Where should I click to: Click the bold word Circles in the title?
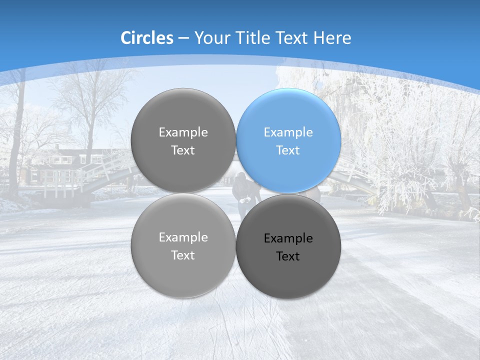(x=146, y=38)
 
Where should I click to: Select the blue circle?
(x=288, y=140)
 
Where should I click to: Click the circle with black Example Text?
(x=288, y=246)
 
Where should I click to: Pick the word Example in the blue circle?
(x=288, y=132)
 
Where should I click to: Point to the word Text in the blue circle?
(x=288, y=150)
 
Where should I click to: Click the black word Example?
(x=288, y=238)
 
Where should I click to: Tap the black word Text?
(x=288, y=256)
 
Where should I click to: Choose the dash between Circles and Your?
(x=183, y=38)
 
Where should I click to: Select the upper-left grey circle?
(x=183, y=140)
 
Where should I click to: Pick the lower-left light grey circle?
(x=183, y=245)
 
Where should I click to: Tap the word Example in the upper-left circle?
(x=183, y=132)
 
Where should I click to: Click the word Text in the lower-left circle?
(x=183, y=255)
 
